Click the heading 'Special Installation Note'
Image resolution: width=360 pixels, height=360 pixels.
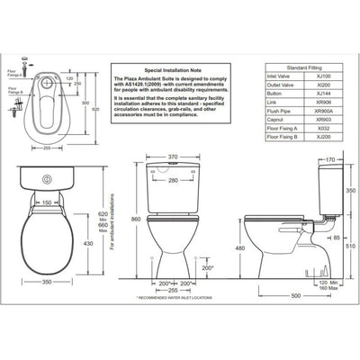tap(163, 67)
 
